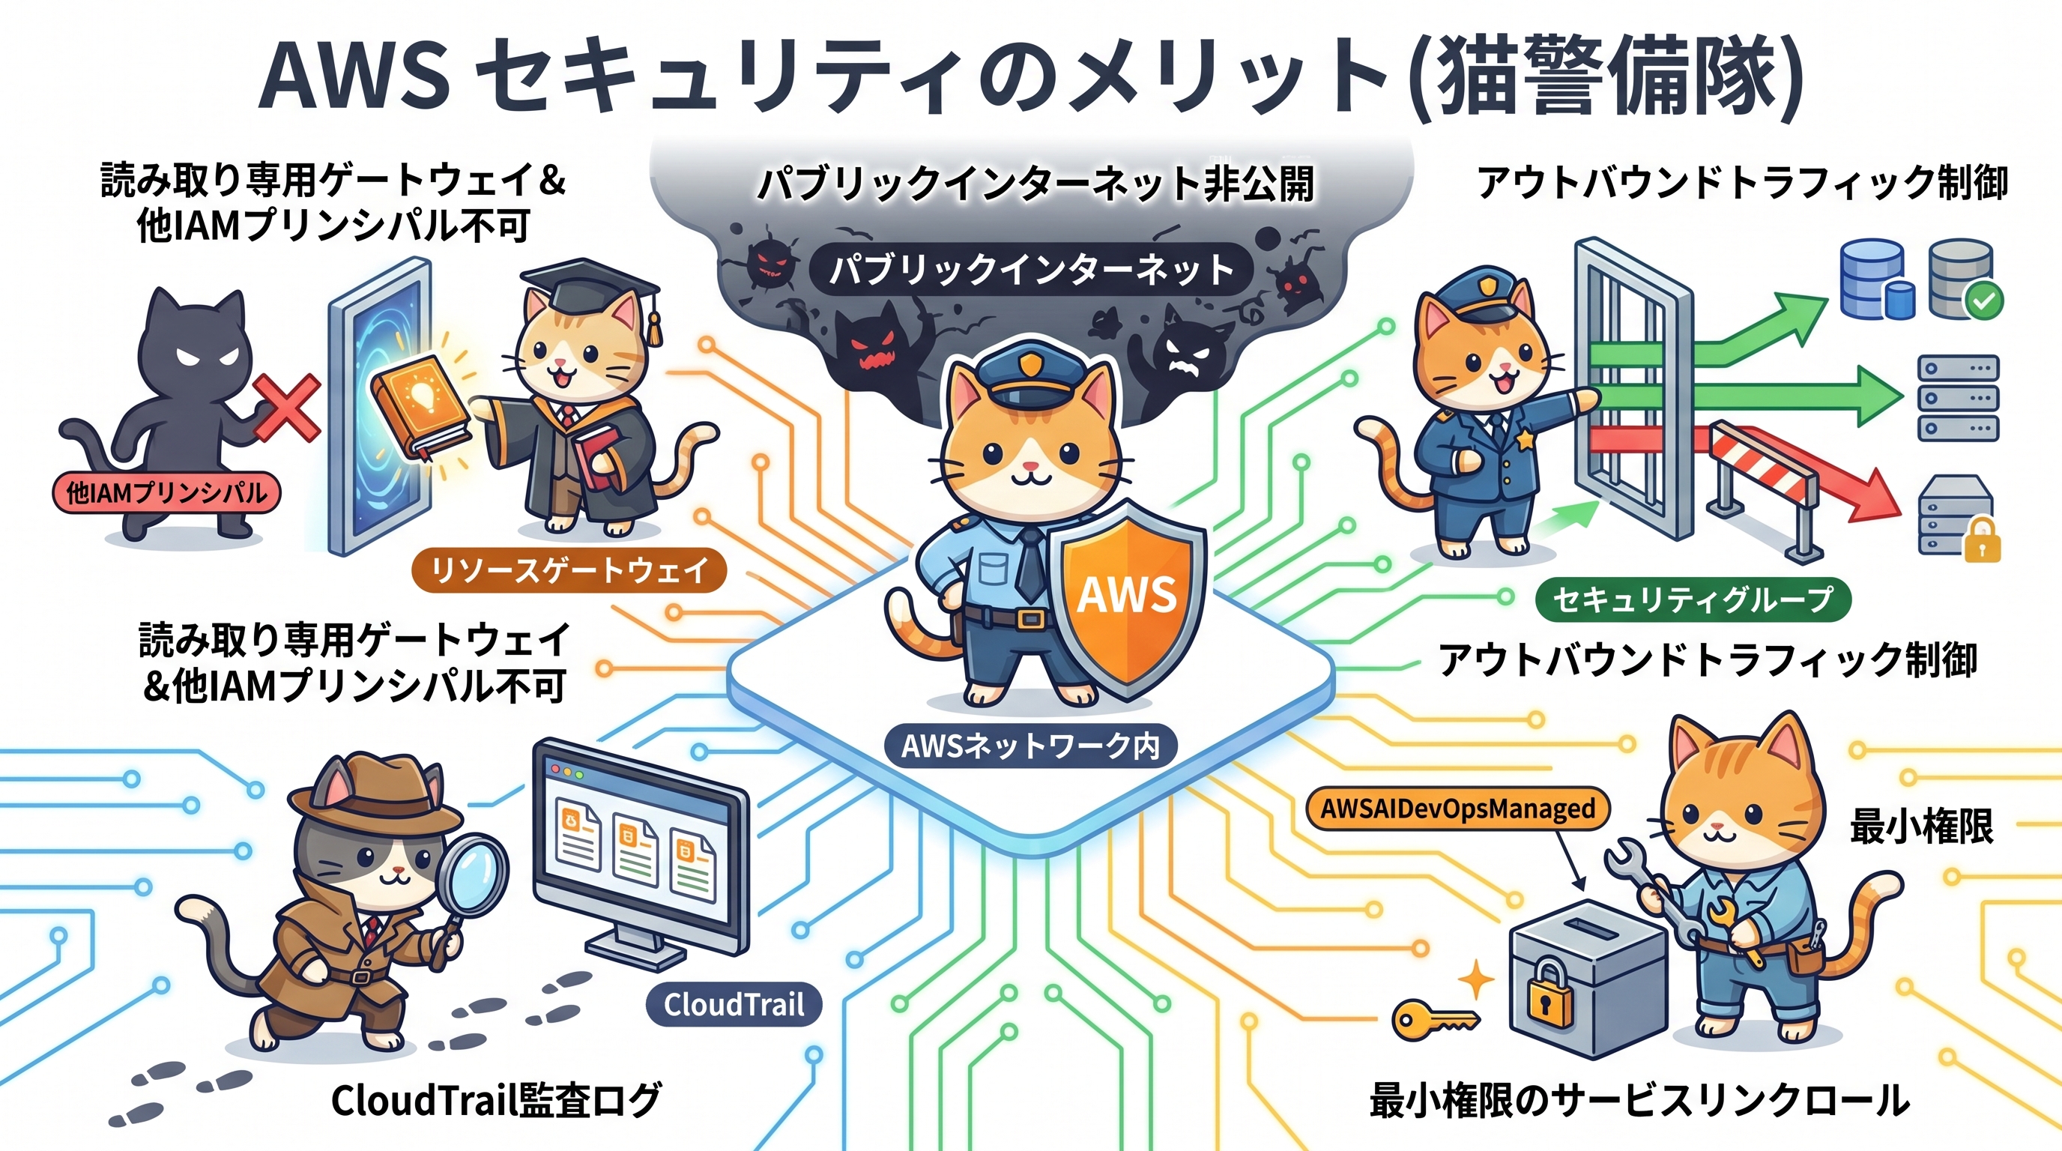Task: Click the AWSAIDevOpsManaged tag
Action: pos(1457,809)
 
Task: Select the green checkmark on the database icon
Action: pos(1984,301)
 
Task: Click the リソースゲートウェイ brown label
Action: pos(569,571)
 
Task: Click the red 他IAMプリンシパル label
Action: pos(166,492)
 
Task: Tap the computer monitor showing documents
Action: pos(641,848)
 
